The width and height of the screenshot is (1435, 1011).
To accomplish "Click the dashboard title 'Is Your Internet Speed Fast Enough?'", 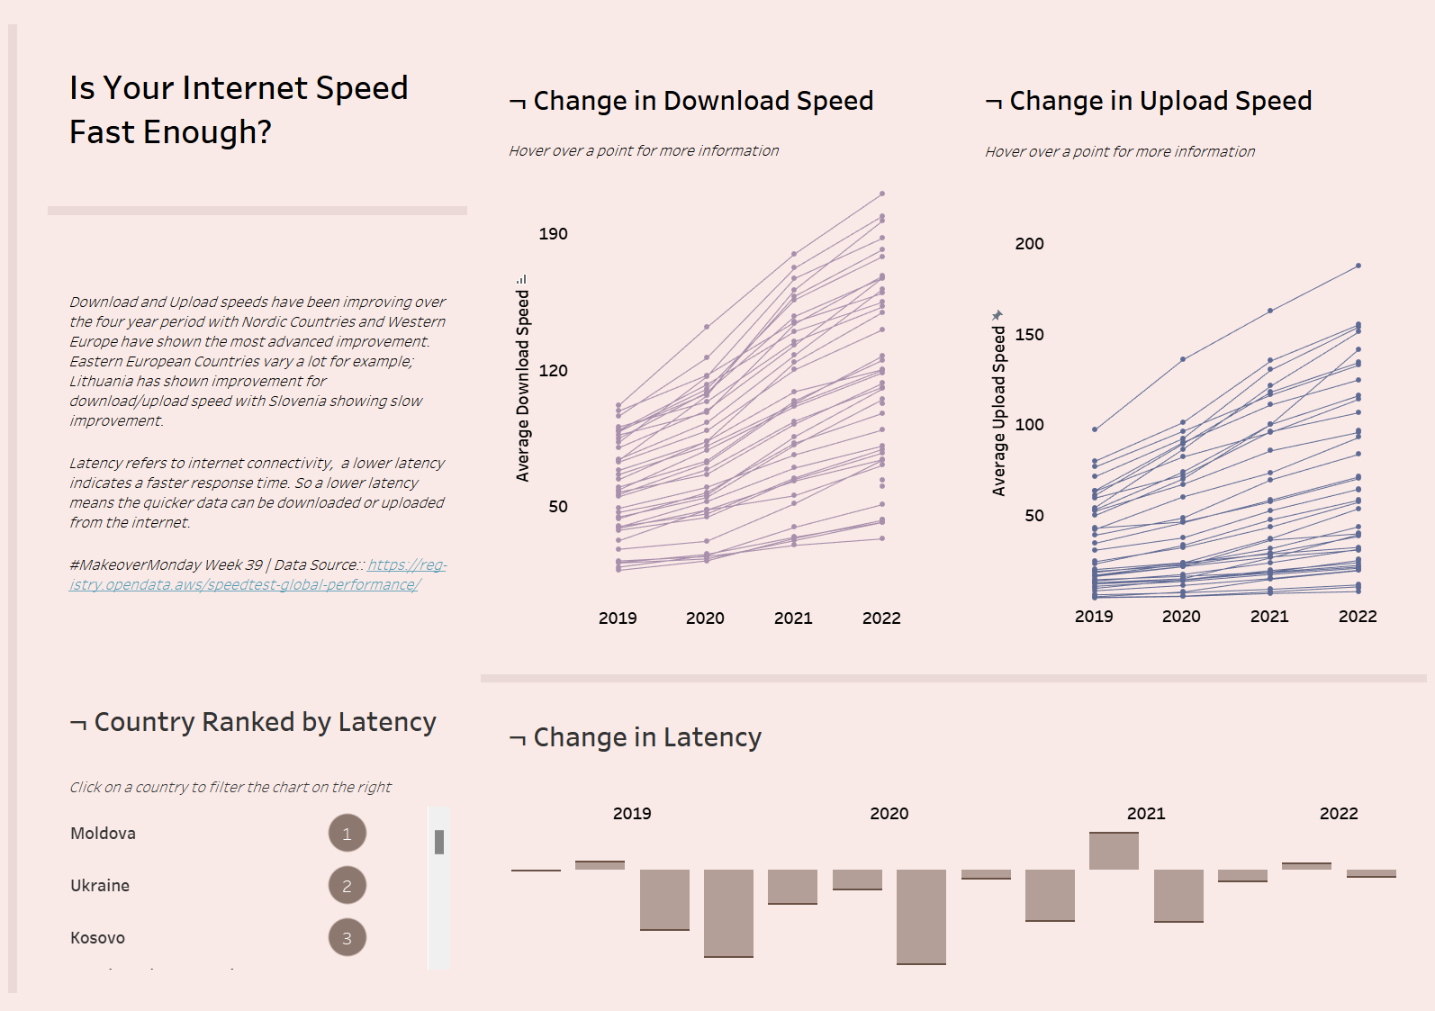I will (x=239, y=110).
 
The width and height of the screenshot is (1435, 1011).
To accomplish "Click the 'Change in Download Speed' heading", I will (x=703, y=101).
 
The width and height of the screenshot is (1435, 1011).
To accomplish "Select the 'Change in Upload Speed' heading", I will (x=1160, y=101).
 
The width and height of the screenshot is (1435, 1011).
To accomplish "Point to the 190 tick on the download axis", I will (x=553, y=234).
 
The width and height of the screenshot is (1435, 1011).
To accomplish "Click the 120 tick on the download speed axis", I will (x=553, y=370).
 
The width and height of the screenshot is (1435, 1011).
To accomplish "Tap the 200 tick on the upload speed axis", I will (x=1029, y=244).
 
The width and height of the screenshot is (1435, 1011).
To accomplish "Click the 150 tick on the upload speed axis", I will (x=1029, y=335).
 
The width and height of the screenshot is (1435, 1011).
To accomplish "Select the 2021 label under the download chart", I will (x=793, y=618).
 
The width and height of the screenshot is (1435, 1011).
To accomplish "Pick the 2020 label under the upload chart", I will (x=1181, y=617).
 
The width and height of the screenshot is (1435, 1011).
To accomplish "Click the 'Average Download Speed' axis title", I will (x=523, y=385).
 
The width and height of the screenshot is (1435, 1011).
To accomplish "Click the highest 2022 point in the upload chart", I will (x=1358, y=266).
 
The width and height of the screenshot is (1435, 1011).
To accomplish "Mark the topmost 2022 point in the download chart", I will (x=882, y=194).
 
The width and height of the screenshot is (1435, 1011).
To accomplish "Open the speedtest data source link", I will (x=257, y=575).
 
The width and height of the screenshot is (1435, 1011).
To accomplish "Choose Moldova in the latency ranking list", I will (x=104, y=834).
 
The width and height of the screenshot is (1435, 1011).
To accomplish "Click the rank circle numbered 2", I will (x=347, y=886).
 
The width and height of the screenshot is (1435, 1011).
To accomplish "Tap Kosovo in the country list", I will (x=98, y=938).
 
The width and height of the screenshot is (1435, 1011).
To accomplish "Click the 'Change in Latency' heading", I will (x=647, y=737).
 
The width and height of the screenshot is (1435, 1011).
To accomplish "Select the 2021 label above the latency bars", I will (x=1146, y=814).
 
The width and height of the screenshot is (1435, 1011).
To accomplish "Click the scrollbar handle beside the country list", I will (x=439, y=842).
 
